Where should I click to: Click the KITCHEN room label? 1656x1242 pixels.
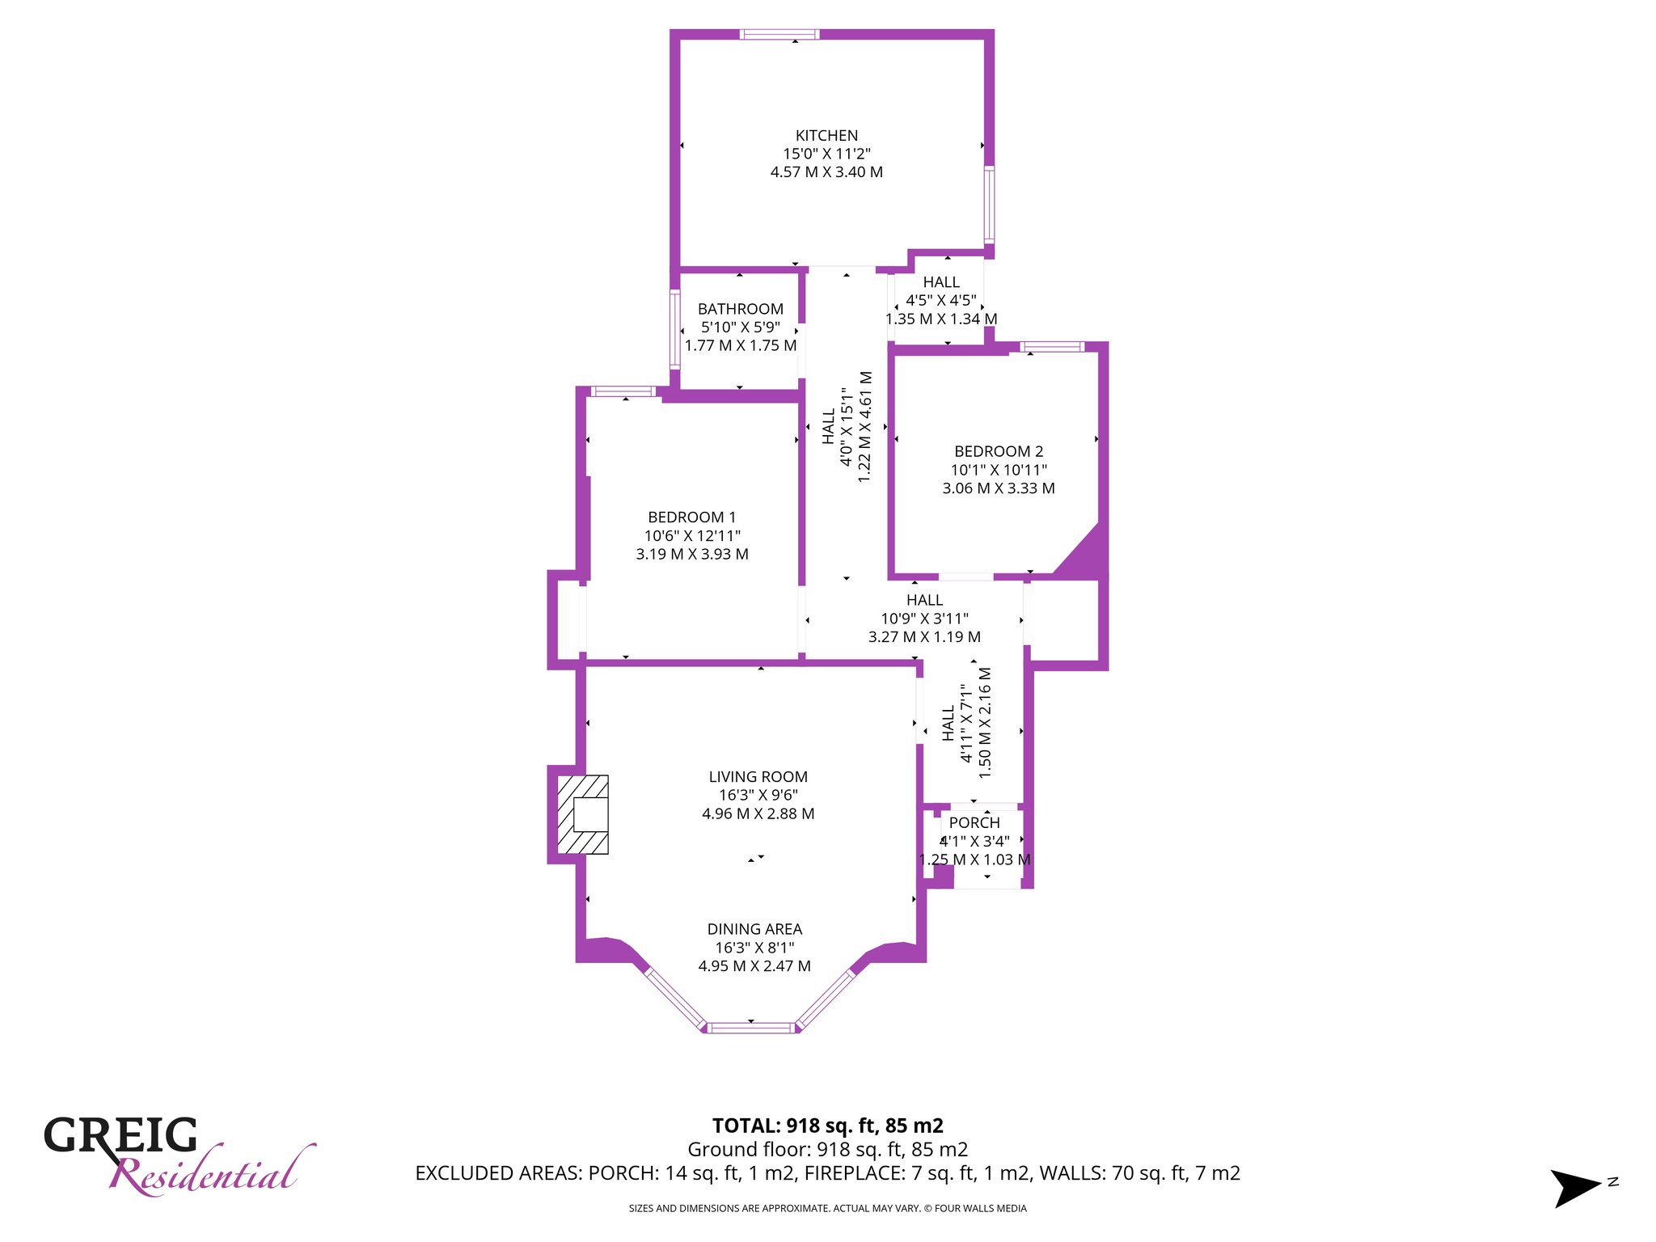(x=826, y=136)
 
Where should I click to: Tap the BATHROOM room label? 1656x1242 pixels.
(x=741, y=309)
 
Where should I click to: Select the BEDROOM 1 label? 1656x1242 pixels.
(x=692, y=517)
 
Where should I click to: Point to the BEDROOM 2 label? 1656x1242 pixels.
(x=999, y=452)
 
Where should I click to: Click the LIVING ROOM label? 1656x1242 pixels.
(x=758, y=777)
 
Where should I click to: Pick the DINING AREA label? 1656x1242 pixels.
(x=754, y=930)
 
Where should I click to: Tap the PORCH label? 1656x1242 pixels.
(x=974, y=823)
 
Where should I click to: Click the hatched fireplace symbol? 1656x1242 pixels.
(x=583, y=815)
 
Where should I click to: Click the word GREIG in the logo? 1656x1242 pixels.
(x=120, y=1135)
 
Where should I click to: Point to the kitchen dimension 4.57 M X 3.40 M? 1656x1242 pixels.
(x=826, y=172)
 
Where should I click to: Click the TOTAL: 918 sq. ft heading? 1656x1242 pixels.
(x=828, y=1126)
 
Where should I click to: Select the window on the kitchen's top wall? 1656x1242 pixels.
(x=779, y=34)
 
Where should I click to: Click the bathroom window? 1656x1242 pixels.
(x=675, y=330)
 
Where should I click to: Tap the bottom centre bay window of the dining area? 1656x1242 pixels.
(x=752, y=1029)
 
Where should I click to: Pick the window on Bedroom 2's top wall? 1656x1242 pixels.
(x=1052, y=347)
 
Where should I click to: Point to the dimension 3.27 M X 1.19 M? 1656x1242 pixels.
(x=924, y=637)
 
